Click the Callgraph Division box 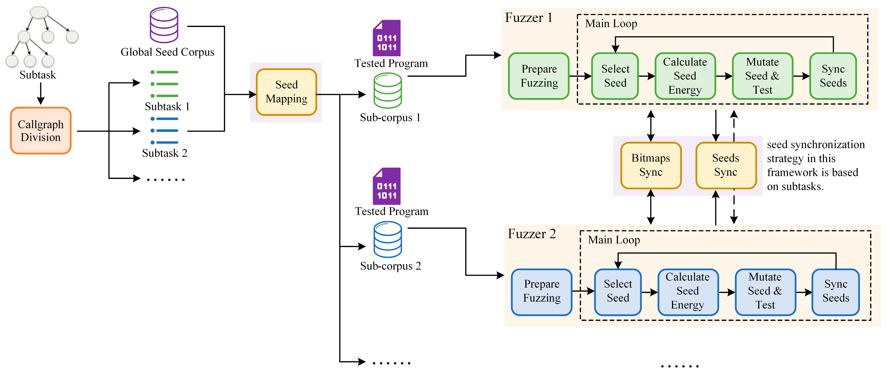[41, 131]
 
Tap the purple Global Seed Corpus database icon [164, 25]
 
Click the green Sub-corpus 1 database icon [387, 91]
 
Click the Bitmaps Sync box [650, 165]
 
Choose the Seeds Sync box [726, 165]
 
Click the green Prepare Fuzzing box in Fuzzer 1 [539, 76]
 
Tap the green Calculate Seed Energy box [685, 76]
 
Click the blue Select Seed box [618, 291]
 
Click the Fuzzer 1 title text [528, 18]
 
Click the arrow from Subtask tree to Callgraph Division [41, 93]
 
